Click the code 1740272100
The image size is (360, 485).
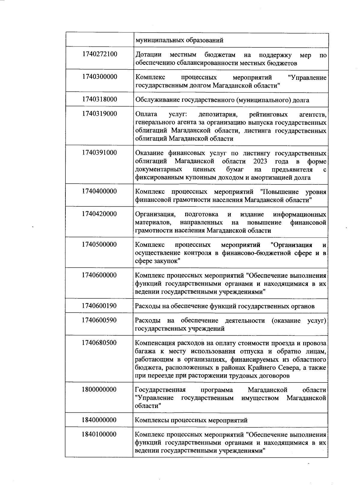point(99,54)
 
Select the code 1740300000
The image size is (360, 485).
point(99,77)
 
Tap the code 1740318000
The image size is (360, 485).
point(99,99)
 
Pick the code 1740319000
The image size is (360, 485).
point(99,114)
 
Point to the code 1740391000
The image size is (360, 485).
point(99,152)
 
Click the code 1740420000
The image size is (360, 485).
point(99,214)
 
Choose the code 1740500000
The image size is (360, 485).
point(99,244)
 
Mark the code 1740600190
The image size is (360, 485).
point(99,306)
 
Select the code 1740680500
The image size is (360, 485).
point(99,343)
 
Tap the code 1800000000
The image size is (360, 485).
point(99,390)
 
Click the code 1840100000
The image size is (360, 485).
point(99,434)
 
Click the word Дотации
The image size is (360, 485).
point(148,55)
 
